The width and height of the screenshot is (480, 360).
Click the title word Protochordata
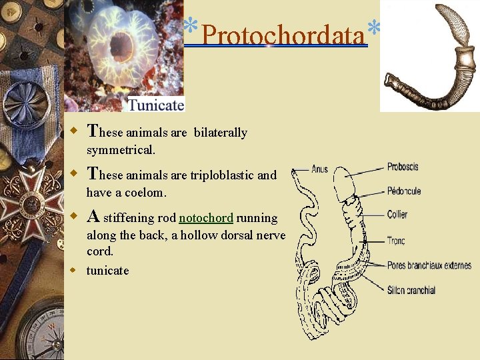[x=284, y=34]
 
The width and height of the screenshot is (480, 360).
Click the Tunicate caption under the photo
[x=155, y=105]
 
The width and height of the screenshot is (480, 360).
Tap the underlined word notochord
[x=206, y=218]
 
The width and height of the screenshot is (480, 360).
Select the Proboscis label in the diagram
[x=403, y=167]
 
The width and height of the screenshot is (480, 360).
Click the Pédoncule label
[x=404, y=191]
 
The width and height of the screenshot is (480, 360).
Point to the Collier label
[x=397, y=215]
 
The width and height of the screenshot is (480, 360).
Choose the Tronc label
[x=396, y=241]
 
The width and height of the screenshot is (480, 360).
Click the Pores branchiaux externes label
[x=429, y=265]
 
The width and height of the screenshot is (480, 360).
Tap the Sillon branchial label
[x=411, y=290]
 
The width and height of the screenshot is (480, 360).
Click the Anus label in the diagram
[x=319, y=169]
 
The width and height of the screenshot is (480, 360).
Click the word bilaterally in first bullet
[x=220, y=133]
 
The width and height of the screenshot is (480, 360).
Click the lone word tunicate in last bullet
[x=107, y=271]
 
